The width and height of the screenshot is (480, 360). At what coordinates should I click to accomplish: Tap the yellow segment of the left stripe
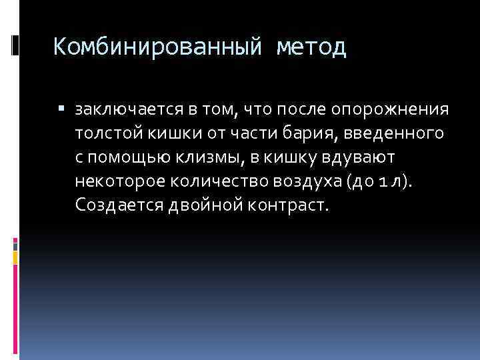tap(15, 257)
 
